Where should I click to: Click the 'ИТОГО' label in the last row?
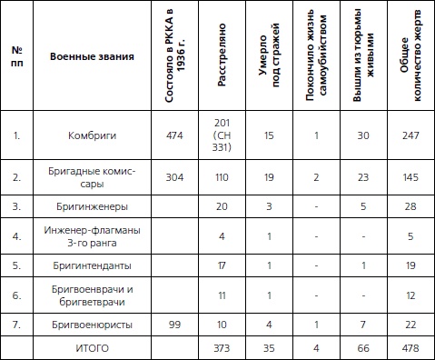click(91, 347)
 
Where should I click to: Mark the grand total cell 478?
click(409, 347)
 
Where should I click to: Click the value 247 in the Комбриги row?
click(409, 135)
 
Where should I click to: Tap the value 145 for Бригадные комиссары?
click(409, 177)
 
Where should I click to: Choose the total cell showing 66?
click(362, 347)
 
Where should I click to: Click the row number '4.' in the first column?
click(16, 236)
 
